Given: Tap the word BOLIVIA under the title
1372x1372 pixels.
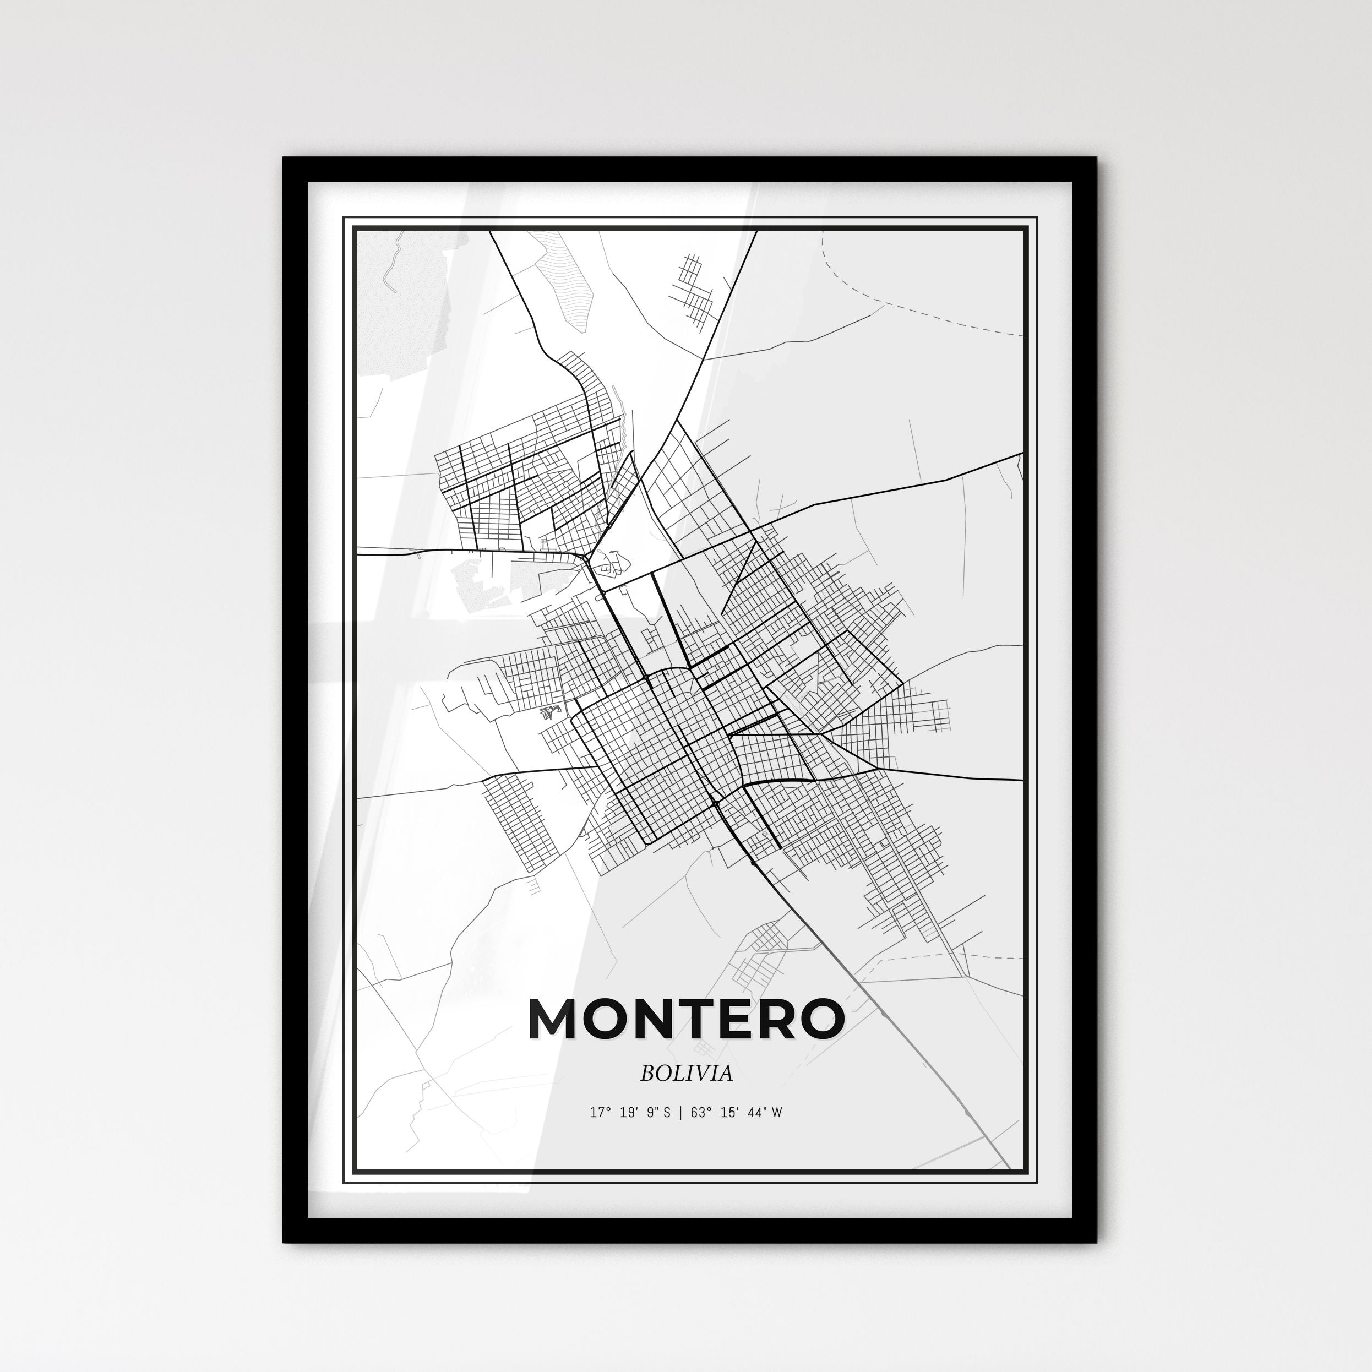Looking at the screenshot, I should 686,1073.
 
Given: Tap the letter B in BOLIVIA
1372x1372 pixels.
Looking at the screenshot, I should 647,1073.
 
